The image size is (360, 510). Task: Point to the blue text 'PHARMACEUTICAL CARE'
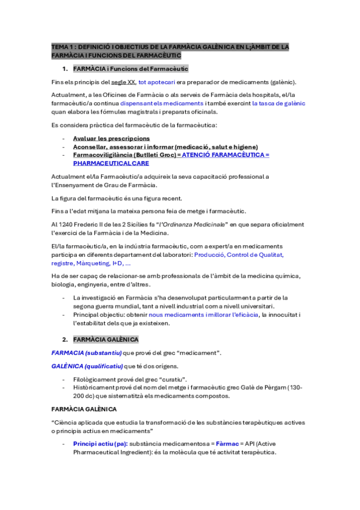[111, 163]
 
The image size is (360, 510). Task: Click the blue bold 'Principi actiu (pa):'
[99, 443]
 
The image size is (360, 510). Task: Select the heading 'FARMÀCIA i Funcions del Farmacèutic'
[130, 69]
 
